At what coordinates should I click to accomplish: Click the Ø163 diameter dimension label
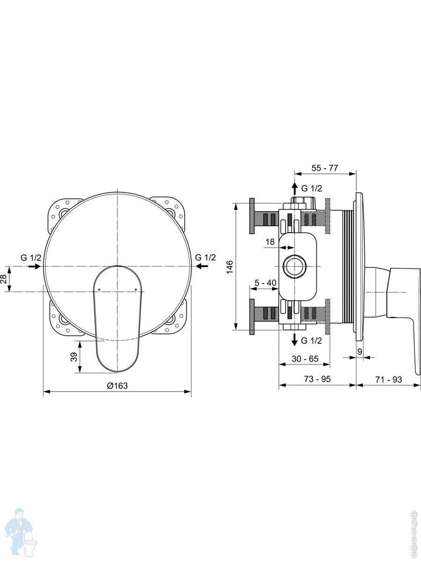(117, 385)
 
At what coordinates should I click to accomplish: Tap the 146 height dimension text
(230, 267)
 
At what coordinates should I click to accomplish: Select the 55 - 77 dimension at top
(325, 168)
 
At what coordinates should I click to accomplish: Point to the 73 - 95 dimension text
(317, 379)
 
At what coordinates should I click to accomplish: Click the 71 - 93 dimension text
(389, 379)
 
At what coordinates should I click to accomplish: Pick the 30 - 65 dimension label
(305, 359)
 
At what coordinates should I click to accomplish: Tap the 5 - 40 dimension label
(265, 283)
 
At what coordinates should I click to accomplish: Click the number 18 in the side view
(270, 242)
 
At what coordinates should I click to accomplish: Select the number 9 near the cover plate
(360, 352)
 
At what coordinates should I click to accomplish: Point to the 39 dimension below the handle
(74, 357)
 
